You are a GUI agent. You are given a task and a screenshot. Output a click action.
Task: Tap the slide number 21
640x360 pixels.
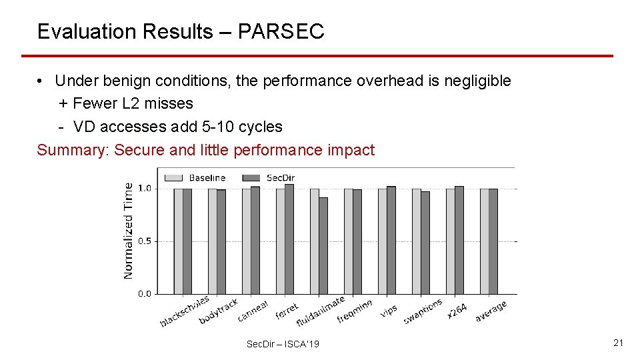618,343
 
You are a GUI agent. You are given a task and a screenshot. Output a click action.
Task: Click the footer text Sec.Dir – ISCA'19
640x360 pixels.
283,344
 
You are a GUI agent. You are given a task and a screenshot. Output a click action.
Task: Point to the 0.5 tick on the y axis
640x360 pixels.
144,241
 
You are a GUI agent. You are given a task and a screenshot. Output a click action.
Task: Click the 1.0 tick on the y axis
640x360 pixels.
144,189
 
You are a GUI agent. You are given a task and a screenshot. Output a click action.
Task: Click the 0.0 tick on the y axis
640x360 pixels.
144,293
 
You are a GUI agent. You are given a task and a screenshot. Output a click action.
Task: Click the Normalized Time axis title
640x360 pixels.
129,231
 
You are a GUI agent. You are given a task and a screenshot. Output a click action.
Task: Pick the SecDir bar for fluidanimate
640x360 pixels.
323,245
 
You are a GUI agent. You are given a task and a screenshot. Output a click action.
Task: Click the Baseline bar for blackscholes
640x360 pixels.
178,241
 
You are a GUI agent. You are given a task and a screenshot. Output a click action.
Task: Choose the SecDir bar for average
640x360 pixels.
493,241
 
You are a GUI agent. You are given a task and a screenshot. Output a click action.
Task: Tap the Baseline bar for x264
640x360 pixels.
450,241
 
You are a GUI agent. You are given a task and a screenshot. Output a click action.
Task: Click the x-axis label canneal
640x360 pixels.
253,311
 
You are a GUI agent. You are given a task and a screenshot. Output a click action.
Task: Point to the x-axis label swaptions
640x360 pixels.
423,312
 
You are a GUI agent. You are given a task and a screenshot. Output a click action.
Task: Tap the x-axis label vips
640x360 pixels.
389,310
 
